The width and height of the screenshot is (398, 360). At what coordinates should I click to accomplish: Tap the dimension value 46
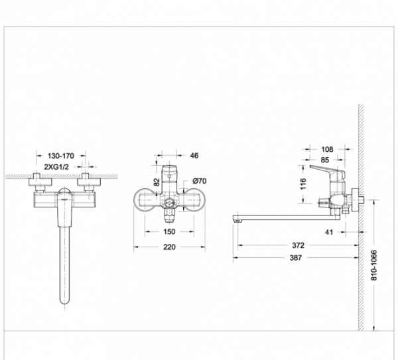[x=194, y=156]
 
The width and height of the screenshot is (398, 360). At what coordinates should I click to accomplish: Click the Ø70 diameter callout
[x=200, y=180]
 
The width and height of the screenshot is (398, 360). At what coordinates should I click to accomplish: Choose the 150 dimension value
[x=168, y=232]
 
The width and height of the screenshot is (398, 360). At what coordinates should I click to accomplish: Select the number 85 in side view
[x=326, y=159]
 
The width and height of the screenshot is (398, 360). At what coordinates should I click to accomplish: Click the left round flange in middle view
[x=145, y=199]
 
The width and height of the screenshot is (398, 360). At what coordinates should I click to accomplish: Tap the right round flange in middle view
[x=193, y=199]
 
